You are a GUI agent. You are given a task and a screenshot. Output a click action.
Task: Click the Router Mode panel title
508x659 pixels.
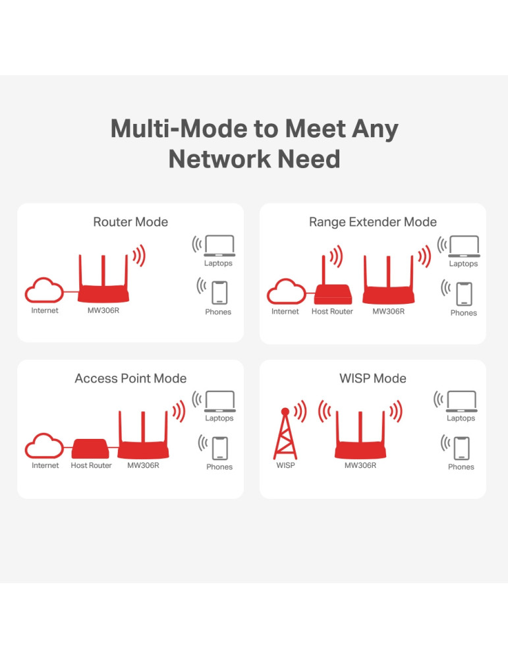point(130,222)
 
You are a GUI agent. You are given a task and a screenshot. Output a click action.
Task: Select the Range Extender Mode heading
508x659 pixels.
point(373,222)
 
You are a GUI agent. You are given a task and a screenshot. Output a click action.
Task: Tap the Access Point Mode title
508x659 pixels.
point(130,378)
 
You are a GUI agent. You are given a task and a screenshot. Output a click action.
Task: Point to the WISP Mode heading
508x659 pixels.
point(373,378)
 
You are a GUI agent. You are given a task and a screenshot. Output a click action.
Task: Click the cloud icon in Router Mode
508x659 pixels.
point(43,291)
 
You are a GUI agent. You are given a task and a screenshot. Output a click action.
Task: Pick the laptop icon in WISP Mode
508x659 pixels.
point(461,401)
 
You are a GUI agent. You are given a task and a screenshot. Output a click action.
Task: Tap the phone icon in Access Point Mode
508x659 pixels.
point(219,448)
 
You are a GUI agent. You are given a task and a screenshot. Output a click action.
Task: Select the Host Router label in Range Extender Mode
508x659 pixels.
point(332,312)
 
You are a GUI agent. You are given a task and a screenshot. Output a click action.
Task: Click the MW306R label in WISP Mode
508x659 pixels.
point(360,466)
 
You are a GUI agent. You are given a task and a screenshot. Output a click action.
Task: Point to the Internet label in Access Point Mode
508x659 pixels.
point(45,466)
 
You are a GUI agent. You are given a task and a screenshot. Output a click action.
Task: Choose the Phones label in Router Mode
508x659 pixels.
point(218,312)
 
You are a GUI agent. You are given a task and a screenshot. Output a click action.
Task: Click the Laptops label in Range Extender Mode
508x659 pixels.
point(463,264)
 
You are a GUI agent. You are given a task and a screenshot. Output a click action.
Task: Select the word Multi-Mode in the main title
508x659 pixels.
point(177,129)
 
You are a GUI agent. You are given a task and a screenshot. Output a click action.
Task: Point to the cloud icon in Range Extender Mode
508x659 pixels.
point(285,292)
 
